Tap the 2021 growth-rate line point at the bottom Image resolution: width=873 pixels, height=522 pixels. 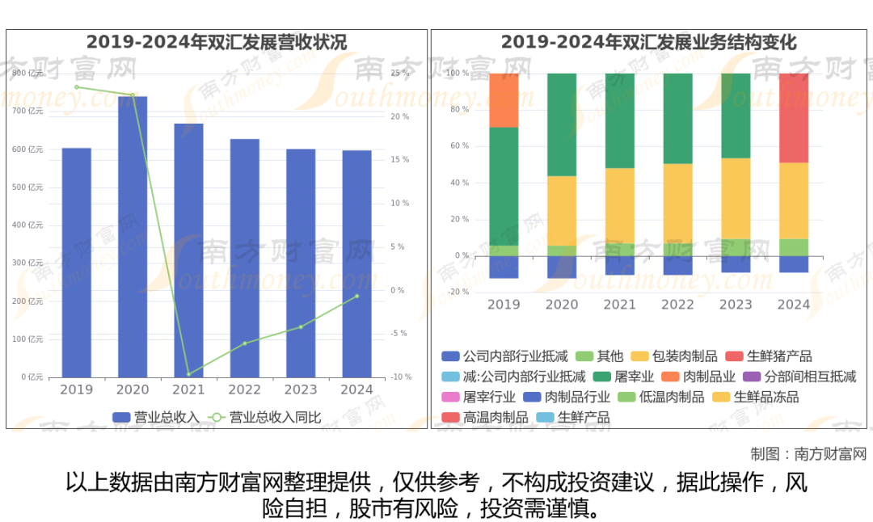click(188, 374)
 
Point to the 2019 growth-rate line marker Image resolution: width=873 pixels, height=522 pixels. click(77, 87)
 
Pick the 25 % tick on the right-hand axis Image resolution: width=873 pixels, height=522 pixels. click(399, 73)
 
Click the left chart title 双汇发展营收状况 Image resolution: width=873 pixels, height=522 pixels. click(217, 42)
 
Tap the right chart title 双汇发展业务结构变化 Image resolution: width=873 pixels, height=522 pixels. click(648, 42)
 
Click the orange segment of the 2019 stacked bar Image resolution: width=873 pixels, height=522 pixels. click(504, 100)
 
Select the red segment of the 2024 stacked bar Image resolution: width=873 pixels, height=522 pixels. click(793, 118)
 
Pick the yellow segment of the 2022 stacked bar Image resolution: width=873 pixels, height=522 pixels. click(677, 202)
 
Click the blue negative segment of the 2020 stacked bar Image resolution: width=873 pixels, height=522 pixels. click(562, 267)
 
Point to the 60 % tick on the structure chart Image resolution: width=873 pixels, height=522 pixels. click(458, 146)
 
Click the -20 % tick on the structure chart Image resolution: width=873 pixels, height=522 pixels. click(457, 293)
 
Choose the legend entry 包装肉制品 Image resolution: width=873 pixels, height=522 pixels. click(684, 356)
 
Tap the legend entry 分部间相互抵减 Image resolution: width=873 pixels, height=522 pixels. click(808, 377)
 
